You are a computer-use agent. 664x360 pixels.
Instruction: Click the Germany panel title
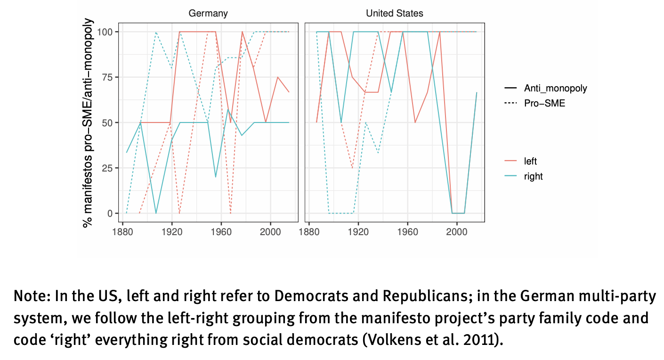(x=208, y=14)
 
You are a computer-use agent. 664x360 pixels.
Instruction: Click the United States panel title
(x=395, y=14)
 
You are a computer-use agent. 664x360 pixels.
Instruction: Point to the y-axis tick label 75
(x=106, y=77)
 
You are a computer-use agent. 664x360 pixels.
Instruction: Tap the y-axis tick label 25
(x=106, y=168)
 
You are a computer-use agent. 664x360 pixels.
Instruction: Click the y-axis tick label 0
(x=109, y=213)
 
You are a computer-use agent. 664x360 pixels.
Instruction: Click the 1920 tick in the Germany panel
(x=172, y=232)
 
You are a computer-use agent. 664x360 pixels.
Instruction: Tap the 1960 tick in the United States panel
(x=407, y=232)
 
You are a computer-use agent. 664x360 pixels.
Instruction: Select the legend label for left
(x=530, y=162)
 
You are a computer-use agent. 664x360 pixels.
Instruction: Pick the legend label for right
(x=533, y=177)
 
